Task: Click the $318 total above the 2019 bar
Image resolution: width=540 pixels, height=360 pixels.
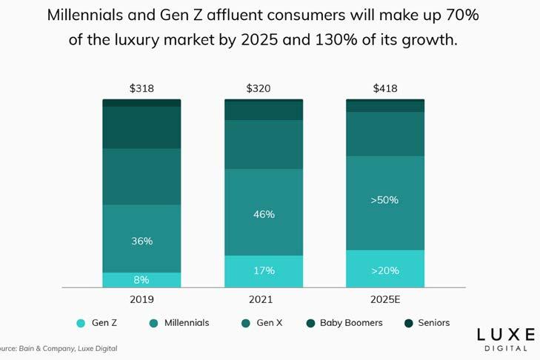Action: click(x=141, y=89)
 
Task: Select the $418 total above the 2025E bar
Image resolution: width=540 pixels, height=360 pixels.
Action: click(x=385, y=89)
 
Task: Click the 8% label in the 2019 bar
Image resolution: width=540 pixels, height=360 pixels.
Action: click(x=141, y=280)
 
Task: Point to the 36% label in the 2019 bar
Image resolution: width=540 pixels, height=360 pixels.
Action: click(x=141, y=241)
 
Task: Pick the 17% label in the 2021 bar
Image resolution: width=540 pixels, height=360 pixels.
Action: click(x=264, y=270)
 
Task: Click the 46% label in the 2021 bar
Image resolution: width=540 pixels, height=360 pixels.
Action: click(x=264, y=214)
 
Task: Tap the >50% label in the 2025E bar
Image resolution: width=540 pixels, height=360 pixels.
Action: click(x=385, y=200)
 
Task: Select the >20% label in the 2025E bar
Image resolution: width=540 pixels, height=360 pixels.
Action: click(x=385, y=270)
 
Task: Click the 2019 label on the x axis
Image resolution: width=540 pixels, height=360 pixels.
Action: click(x=141, y=299)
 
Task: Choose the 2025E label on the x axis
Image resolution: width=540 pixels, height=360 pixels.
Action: click(x=385, y=299)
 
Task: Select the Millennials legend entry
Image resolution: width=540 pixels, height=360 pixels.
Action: click(x=181, y=323)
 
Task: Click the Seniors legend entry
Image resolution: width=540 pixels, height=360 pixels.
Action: click(x=427, y=323)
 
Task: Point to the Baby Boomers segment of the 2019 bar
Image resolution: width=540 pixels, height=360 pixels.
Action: click(x=141, y=127)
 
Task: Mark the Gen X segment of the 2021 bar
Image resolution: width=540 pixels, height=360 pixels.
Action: click(x=264, y=144)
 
